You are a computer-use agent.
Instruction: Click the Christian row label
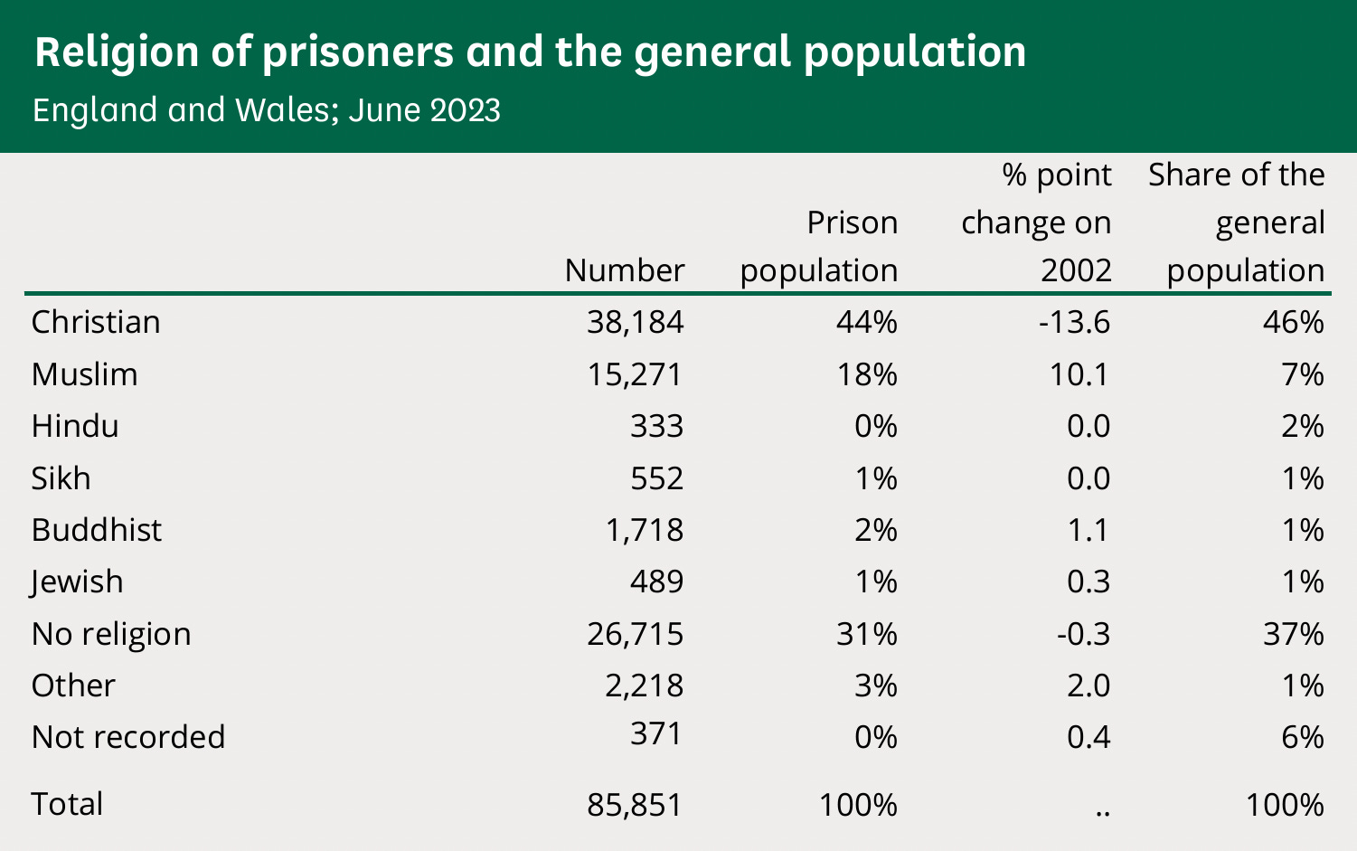pos(96,322)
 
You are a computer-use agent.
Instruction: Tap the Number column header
pos(624,270)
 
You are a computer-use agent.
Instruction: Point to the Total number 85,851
pos(635,804)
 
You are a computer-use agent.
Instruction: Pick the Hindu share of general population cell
pos(1302,426)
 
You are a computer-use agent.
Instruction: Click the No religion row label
pos(111,634)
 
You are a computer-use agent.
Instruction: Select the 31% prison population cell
pos(866,634)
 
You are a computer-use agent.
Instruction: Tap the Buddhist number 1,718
pos(644,530)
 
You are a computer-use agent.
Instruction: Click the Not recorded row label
pos(127,737)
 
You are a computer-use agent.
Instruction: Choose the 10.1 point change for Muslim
pos(1080,374)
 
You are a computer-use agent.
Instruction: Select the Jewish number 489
pos(656,582)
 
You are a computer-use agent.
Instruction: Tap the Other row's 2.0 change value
pos(1088,686)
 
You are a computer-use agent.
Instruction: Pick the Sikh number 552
pos(656,478)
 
